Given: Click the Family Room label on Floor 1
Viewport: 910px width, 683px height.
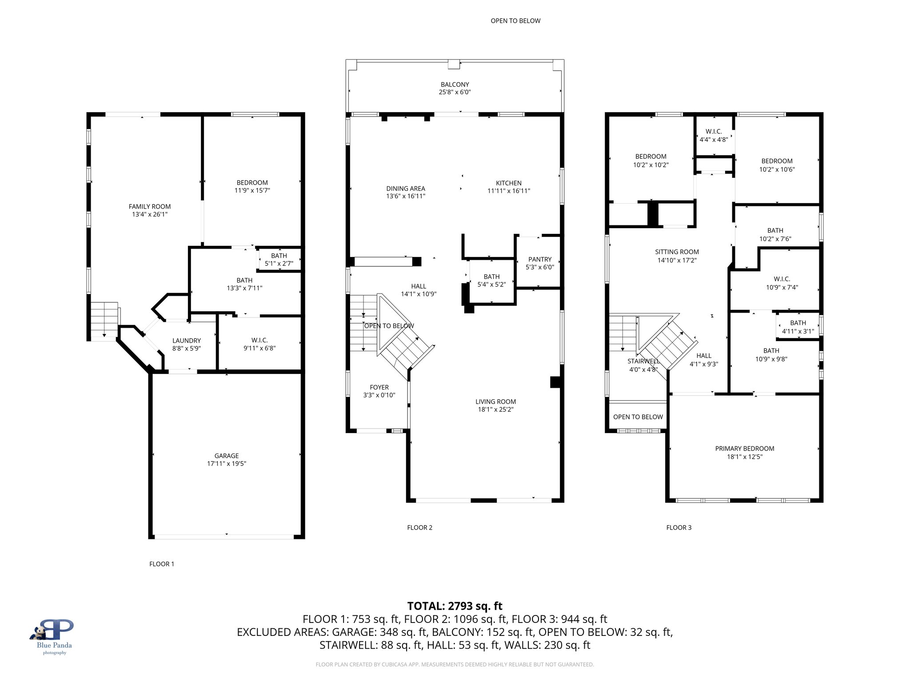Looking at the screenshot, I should tap(150, 206).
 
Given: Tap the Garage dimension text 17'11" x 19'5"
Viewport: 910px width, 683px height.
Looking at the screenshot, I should tap(227, 463).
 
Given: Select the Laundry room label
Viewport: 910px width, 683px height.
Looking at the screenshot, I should tap(187, 341).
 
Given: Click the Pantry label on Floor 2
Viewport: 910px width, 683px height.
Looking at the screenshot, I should tap(540, 259).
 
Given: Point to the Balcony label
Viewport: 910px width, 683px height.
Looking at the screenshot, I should tap(455, 84).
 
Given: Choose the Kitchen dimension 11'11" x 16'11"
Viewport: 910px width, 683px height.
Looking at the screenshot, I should tap(509, 191).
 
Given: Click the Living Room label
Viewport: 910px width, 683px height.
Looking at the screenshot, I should tap(495, 402).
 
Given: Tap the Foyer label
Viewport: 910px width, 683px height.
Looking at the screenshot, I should tap(379, 387).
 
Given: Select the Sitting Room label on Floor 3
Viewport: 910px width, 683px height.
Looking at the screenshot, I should tap(677, 252).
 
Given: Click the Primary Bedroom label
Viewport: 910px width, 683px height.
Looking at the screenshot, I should tap(745, 449).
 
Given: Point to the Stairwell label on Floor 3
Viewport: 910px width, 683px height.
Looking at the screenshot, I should tap(643, 361).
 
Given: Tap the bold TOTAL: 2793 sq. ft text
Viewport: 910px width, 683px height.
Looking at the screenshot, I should tap(455, 606).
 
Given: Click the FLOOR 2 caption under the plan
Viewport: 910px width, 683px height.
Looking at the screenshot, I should tap(419, 527).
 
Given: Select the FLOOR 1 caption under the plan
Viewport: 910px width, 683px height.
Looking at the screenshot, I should tap(162, 564).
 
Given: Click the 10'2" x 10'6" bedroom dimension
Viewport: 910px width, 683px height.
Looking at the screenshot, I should tap(777, 169).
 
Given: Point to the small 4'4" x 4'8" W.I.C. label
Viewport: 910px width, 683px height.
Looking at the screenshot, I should tap(714, 139).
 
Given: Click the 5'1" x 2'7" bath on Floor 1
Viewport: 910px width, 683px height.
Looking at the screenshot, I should tap(279, 263).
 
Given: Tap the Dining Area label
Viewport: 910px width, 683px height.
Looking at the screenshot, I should tap(406, 189).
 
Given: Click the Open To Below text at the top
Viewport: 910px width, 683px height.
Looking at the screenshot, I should tap(515, 21).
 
